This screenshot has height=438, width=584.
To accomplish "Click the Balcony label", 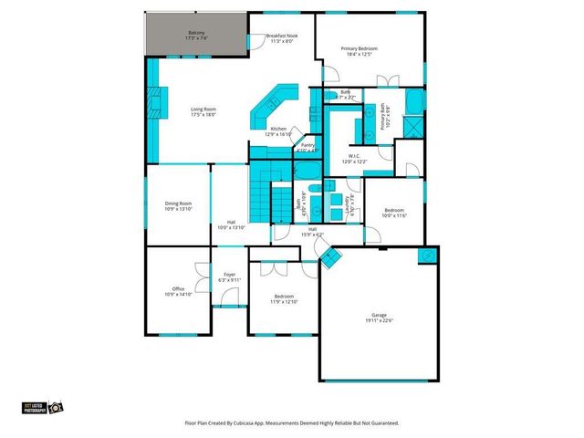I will click(197, 33).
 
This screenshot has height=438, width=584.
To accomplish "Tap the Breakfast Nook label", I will click(282, 36).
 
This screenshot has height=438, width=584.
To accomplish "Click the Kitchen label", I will click(277, 129).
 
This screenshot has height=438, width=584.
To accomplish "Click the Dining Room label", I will click(178, 203).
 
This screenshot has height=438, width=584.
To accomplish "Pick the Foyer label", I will click(230, 275).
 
